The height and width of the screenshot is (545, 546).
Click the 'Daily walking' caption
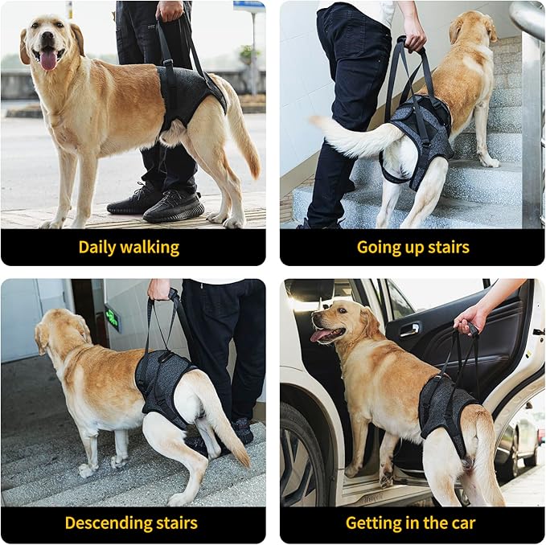click(129, 247)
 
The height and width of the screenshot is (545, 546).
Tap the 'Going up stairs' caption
click(413, 247)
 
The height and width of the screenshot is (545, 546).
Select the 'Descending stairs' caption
click(131, 523)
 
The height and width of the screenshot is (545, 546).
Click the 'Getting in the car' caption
click(410, 523)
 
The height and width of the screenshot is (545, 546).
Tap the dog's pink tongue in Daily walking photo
click(48, 59)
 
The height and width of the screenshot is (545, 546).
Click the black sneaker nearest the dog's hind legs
click(174, 206)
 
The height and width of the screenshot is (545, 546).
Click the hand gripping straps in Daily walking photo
click(170, 10)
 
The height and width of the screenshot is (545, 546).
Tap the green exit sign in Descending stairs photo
click(112, 318)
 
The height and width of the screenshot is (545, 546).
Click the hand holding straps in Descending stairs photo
click(158, 289)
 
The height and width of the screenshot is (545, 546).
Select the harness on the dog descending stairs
click(162, 382)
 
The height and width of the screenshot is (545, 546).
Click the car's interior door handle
click(409, 329)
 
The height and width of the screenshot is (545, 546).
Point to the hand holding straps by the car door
click(470, 318)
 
